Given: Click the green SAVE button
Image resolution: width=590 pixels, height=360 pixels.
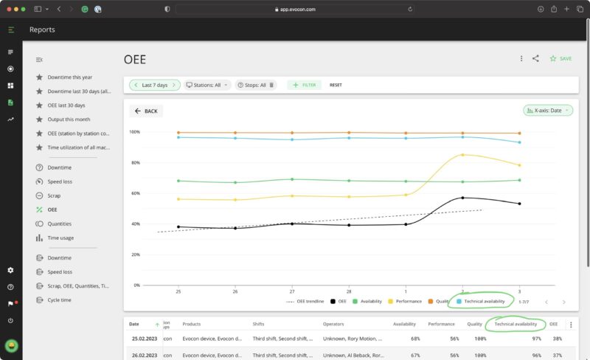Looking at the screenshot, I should tap(560, 58).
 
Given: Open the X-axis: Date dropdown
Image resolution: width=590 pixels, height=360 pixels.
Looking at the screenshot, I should tap(547, 111).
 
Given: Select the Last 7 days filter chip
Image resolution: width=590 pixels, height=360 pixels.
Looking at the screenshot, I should tap(155, 85).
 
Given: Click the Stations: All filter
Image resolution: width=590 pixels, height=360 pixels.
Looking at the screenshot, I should tap(207, 85).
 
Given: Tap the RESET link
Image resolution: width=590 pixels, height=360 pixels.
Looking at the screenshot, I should tap(336, 85).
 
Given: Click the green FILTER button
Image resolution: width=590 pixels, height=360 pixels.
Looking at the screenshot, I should tap(304, 85).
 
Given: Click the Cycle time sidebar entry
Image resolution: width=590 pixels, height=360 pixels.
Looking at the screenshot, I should tap(60, 300).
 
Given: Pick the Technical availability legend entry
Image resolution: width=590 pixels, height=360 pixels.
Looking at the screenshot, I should tap(485, 301).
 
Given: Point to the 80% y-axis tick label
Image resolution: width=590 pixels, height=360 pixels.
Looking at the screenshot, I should tap(134, 163).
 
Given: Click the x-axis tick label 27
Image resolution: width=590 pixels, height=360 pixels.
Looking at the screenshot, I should tap(292, 291).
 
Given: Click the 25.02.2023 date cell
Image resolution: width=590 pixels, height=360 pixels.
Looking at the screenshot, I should tap(145, 339).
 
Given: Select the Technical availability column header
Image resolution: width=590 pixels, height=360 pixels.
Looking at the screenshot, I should tap(516, 324).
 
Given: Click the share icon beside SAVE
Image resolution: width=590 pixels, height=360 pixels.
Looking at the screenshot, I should tap(535, 58).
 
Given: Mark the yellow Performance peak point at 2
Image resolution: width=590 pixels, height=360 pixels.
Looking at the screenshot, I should tap(462, 155).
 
